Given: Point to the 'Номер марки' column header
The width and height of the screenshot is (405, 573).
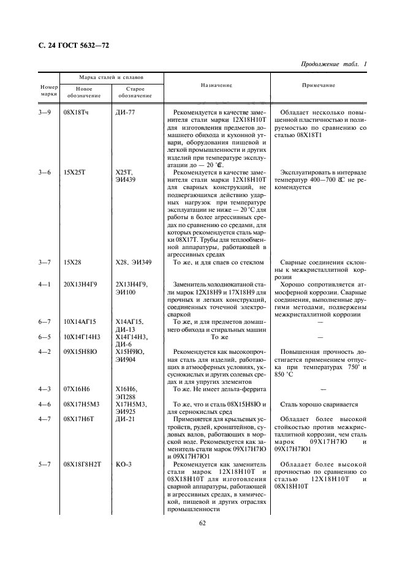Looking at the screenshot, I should (x=48, y=90).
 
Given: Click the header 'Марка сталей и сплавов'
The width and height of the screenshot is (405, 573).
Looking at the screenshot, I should (x=111, y=78).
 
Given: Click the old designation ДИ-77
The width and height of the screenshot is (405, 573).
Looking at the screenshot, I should (x=125, y=113).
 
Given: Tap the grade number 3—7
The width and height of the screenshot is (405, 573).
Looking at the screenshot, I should (x=44, y=263).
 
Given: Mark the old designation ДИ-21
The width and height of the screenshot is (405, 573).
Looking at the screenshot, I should (x=125, y=419).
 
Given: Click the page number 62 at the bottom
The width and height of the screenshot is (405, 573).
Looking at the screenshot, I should (x=202, y=522).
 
